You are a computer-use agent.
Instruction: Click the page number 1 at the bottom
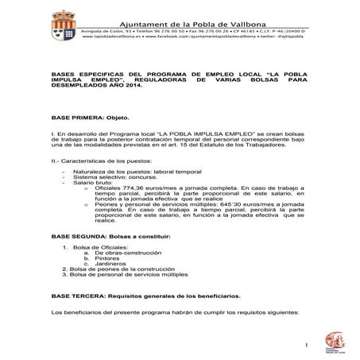click(306, 345)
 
